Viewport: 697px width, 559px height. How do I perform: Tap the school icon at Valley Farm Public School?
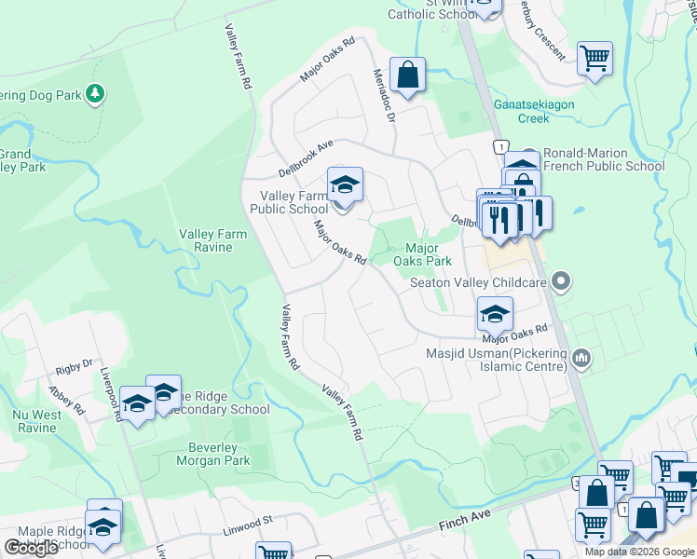[x=345, y=184]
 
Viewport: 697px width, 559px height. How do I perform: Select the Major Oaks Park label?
[x=421, y=254]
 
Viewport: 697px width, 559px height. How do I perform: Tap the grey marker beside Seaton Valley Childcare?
[x=561, y=280]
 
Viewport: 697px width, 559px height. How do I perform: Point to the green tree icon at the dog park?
[x=94, y=94]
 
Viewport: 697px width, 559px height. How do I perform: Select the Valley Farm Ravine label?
[x=213, y=241]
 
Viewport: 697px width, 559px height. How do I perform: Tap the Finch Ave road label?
[x=464, y=527]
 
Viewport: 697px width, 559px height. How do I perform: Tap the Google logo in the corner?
[x=31, y=548]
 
